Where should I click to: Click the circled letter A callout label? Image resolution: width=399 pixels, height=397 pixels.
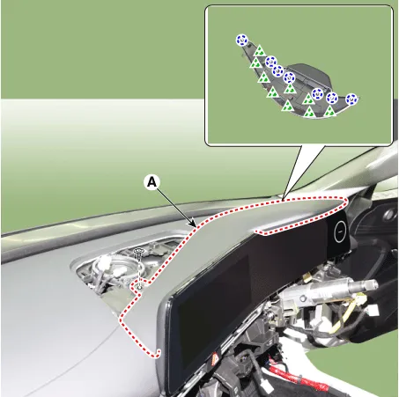coord(151,182)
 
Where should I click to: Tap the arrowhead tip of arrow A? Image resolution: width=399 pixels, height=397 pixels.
coord(196,227)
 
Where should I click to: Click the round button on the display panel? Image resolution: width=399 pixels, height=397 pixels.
coord(340,232)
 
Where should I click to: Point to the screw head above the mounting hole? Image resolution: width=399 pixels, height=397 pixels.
coord(138,251)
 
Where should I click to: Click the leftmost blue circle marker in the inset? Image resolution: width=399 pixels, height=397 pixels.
coord(241,40)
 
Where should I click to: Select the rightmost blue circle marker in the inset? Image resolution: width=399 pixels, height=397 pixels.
coord(351,99)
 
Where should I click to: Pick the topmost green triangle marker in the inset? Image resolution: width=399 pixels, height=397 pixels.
coord(260,51)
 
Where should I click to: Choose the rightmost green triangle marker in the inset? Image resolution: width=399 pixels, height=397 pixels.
coord(330,111)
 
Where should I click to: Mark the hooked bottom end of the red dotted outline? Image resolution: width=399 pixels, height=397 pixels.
coord(159,352)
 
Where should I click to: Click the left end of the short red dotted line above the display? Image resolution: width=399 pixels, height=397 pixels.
coord(255,232)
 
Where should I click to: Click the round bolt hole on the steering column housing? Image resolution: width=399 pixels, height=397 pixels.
coord(303,298)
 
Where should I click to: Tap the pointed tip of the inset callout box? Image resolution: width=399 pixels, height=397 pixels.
coord(282,200)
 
